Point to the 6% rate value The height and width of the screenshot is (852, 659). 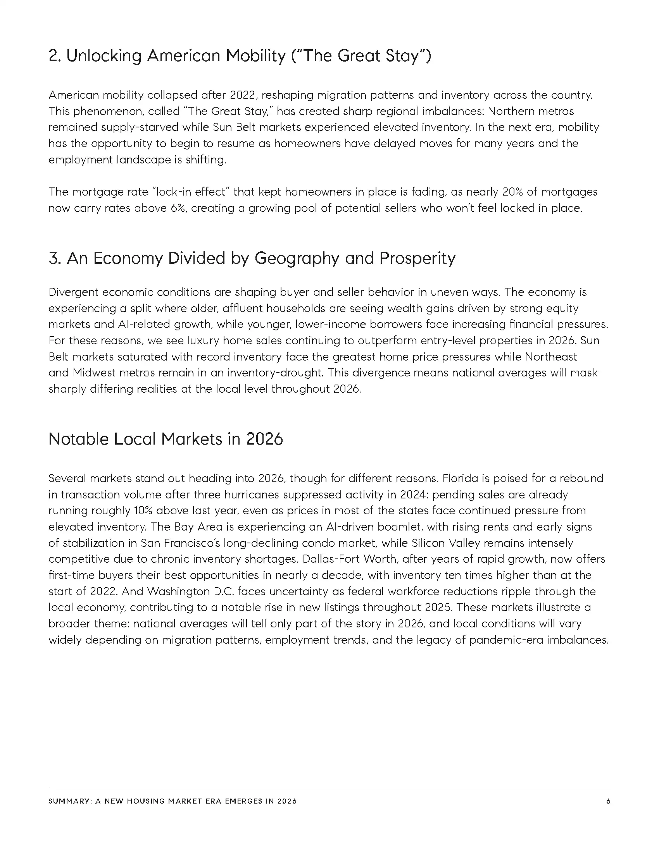tap(179, 208)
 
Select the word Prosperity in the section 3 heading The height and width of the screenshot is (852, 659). tap(417, 258)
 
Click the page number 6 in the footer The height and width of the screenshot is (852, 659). tap(608, 801)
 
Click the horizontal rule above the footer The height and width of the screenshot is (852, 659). tap(329, 788)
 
